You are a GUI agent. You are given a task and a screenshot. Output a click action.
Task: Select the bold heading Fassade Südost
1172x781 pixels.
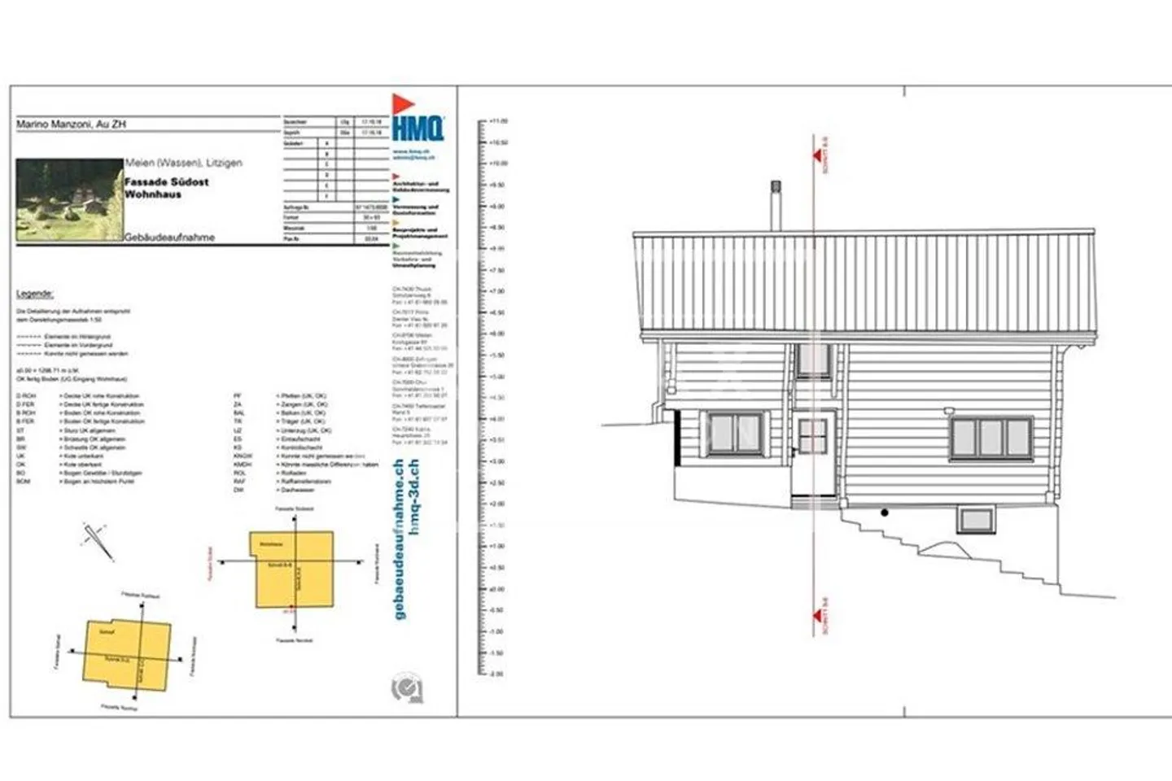pyautogui.click(x=167, y=182)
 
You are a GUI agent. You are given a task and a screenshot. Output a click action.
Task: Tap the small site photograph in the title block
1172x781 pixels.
pyautogui.click(x=69, y=199)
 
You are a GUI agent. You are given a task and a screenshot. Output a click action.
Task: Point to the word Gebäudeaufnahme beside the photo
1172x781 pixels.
pyautogui.click(x=170, y=238)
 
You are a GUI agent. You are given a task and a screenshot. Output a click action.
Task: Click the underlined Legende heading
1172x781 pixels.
pyautogui.click(x=35, y=294)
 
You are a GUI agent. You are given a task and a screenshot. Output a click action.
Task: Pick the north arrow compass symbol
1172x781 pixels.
pyautogui.click(x=97, y=540)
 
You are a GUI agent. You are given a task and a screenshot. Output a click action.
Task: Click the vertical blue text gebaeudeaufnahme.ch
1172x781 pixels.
pyautogui.click(x=399, y=539)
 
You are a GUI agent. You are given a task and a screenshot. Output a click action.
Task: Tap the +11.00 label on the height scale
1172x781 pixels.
pyautogui.click(x=498, y=121)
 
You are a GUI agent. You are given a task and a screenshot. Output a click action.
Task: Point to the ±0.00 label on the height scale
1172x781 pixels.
pyautogui.click(x=496, y=589)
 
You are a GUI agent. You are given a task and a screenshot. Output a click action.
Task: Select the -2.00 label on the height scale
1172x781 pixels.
pyautogui.click(x=496, y=674)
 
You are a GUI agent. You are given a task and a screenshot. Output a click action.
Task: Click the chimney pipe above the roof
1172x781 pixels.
pyautogui.click(x=776, y=207)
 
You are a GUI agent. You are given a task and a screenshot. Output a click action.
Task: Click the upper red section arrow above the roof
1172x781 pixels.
pyautogui.click(x=818, y=155)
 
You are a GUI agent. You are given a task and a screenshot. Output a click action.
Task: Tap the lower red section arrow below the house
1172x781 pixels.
pyautogui.click(x=818, y=617)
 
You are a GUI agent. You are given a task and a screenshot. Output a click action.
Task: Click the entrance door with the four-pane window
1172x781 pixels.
pyautogui.click(x=813, y=452)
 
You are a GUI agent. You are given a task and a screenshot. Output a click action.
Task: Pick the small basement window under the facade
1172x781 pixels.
pyautogui.click(x=977, y=519)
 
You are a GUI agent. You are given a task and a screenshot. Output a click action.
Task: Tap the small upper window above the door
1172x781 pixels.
pyautogui.click(x=813, y=360)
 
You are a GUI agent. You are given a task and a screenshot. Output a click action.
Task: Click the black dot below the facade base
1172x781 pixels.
pyautogui.click(x=885, y=513)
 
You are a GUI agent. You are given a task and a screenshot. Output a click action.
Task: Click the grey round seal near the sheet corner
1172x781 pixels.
pyautogui.click(x=406, y=689)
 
